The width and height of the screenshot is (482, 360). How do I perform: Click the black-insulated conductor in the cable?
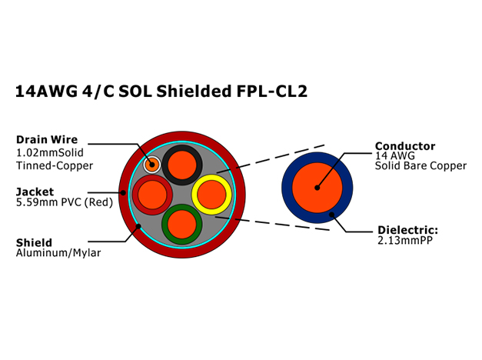(182, 165)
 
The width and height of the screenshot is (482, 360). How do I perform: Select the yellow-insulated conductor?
(211, 195)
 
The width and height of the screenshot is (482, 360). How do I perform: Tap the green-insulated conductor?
(182, 224)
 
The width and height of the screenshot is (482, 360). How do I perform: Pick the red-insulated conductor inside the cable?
(152, 195)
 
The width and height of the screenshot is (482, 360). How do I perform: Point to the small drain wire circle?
(152, 165)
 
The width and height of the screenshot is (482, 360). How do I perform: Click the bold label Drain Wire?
(47, 140)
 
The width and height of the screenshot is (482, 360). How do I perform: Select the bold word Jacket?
(35, 192)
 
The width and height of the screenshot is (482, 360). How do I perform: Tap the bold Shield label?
(34, 242)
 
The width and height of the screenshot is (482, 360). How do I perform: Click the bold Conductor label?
(405, 146)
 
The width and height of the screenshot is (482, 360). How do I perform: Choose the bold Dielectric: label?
(407, 230)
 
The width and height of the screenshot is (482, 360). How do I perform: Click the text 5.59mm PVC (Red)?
(65, 202)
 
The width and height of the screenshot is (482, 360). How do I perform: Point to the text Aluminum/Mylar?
(58, 253)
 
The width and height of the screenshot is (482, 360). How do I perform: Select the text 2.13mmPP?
(405, 240)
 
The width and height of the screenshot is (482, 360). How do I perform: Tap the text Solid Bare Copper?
(421, 166)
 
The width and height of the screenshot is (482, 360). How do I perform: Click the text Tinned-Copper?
(55, 165)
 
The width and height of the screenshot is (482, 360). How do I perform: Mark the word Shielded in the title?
(194, 91)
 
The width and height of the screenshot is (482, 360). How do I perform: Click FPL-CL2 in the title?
(271, 91)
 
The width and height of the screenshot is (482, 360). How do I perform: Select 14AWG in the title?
(46, 91)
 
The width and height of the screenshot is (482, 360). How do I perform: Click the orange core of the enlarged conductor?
(317, 188)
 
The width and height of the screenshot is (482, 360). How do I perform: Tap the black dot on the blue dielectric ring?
(331, 215)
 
